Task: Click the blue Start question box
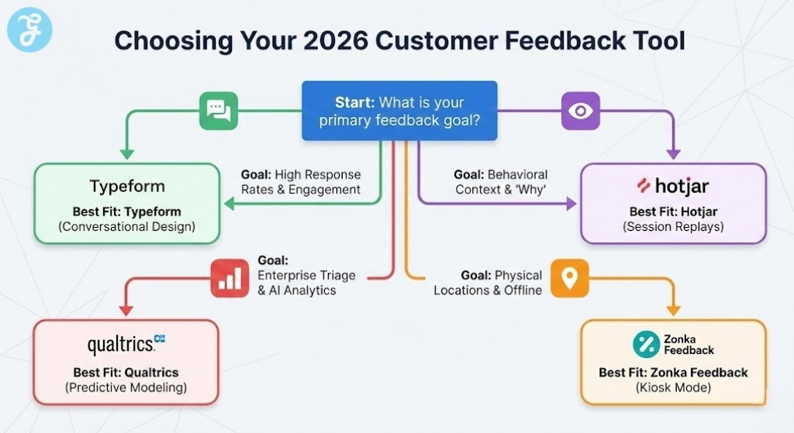[x=399, y=111]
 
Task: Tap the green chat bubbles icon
[x=219, y=111]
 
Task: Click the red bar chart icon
[x=230, y=279]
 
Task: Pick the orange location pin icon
[x=569, y=278]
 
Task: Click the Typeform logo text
[x=127, y=187]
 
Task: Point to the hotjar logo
[x=672, y=186]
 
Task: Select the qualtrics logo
[x=126, y=343]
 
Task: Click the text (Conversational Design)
[x=127, y=227]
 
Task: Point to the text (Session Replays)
[x=672, y=227]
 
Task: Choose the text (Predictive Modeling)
[x=126, y=387]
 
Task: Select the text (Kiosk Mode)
[x=673, y=387]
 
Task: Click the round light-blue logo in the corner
[x=29, y=30]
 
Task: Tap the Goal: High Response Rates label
[x=301, y=182]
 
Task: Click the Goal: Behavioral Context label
[x=500, y=182]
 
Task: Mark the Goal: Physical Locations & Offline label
[x=488, y=283]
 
